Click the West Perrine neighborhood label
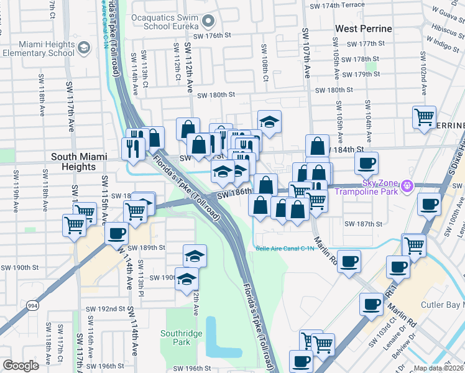click(x=364, y=29)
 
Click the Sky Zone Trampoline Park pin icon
click(x=407, y=185)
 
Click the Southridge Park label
click(x=183, y=338)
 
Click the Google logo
click(x=21, y=365)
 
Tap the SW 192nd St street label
click(x=106, y=308)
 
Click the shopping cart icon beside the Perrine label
click(x=424, y=117)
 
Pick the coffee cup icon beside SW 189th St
click(x=116, y=234)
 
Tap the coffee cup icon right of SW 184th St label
click(x=366, y=163)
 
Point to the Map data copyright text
click(x=438, y=368)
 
